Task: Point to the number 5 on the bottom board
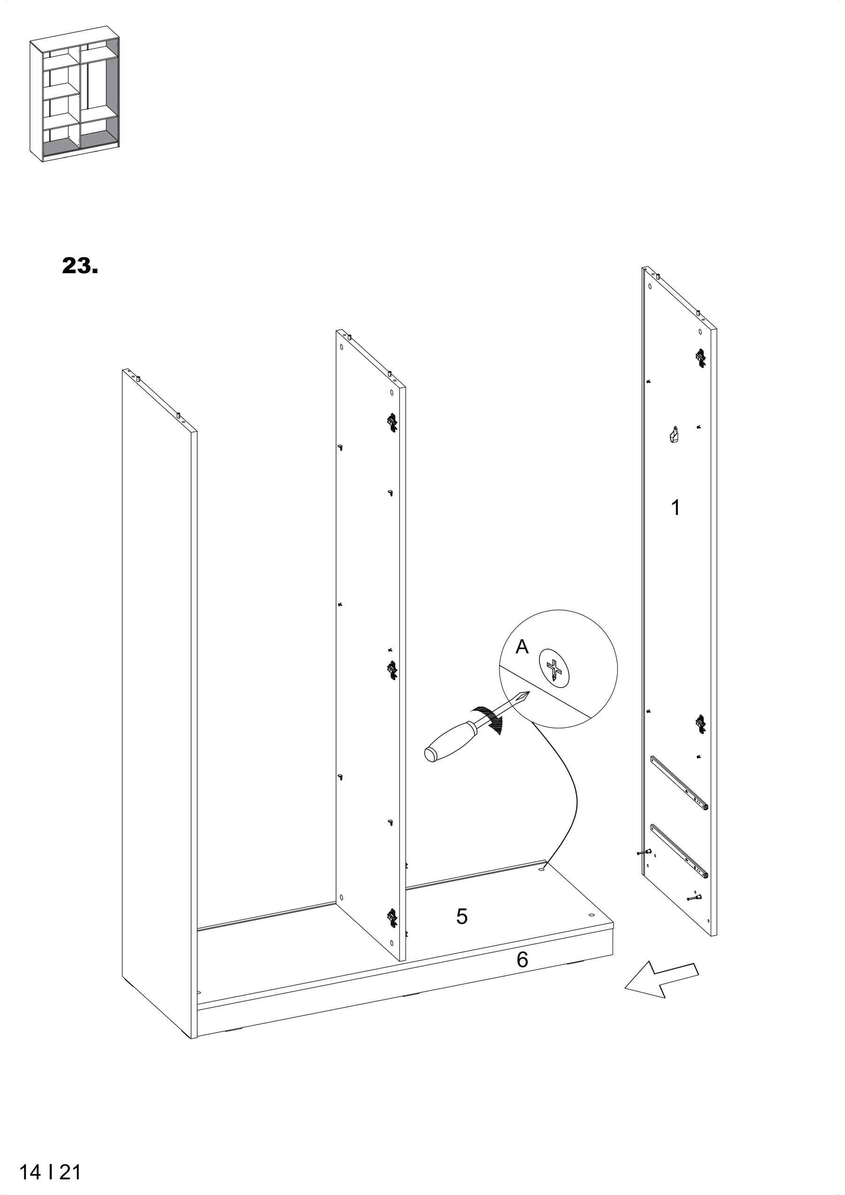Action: tap(461, 917)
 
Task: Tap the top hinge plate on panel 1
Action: tap(700, 357)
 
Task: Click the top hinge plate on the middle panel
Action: tap(392, 422)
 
